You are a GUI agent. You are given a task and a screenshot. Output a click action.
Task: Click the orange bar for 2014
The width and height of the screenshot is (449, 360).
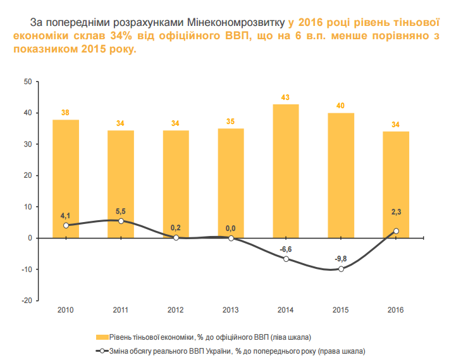click(285, 171)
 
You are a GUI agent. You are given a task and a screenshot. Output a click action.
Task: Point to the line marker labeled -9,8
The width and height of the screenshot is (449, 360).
click(341, 269)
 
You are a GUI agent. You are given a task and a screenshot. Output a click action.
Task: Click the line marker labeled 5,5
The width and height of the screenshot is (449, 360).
click(121, 221)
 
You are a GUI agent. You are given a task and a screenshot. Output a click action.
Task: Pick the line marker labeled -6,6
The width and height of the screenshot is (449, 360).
click(286, 259)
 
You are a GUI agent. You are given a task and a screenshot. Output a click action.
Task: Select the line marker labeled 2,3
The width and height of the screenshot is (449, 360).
click(396, 231)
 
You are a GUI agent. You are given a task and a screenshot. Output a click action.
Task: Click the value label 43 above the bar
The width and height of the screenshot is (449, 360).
click(285, 97)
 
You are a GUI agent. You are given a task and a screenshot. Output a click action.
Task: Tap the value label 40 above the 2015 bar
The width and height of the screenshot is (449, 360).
click(340, 106)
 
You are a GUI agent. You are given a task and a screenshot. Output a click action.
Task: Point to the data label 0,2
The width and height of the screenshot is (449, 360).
click(176, 228)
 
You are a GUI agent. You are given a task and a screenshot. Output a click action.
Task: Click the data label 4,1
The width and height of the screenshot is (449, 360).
click(66, 215)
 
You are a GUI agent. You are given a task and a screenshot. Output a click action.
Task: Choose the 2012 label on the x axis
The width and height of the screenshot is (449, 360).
click(176, 310)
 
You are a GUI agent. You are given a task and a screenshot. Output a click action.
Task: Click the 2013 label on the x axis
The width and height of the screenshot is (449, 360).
click(231, 310)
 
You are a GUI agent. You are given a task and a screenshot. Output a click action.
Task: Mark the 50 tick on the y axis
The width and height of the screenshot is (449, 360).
click(28, 82)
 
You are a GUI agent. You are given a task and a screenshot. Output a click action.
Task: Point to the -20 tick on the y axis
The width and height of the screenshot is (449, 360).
click(27, 301)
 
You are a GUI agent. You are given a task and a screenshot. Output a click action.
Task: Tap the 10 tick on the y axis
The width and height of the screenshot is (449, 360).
click(28, 207)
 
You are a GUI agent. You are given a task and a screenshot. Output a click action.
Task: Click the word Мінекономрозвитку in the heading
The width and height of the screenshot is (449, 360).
click(236, 22)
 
